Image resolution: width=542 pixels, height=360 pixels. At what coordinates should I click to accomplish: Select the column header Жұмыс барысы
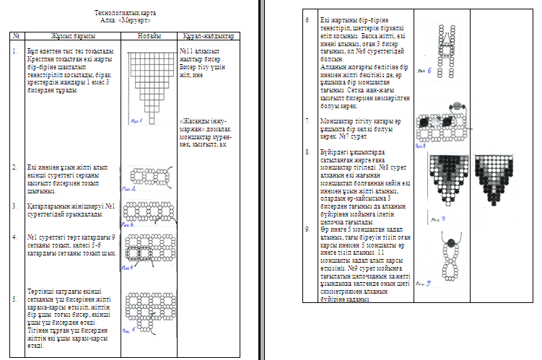pyautogui.click(x=69, y=35)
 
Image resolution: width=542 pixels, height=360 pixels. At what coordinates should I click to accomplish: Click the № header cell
pyautogui.click(x=15, y=35)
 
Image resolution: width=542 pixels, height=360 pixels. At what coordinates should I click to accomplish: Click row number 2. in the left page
pyautogui.click(x=15, y=167)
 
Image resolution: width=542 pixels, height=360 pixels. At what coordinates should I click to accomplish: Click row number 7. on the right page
pyautogui.click(x=308, y=120)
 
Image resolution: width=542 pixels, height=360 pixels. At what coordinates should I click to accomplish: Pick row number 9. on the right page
pyautogui.click(x=308, y=229)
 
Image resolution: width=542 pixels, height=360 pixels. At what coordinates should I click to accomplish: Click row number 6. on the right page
pyautogui.click(x=308, y=19)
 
